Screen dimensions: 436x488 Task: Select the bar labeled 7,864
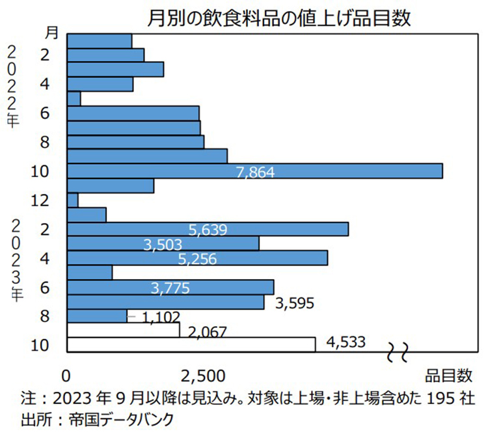point(254,170)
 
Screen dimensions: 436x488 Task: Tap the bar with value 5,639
point(208,228)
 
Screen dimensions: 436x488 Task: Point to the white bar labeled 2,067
point(123,330)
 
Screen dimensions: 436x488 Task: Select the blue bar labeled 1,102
point(97,316)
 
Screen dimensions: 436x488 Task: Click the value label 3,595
point(295,303)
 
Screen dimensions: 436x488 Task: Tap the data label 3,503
point(163,245)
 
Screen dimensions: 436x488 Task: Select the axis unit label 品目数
point(448,375)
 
